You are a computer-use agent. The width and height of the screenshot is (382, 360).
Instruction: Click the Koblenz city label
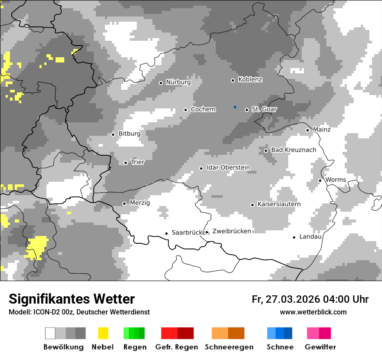[250, 79]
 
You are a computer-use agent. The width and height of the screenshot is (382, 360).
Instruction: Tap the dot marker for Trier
[125, 163]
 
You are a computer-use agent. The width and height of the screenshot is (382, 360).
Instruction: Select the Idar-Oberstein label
[228, 168]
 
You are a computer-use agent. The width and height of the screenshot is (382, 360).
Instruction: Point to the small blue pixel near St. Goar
[235, 107]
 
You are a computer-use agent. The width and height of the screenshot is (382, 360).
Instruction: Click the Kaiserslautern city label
[279, 204]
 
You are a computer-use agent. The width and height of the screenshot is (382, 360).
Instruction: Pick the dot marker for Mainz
[307, 130]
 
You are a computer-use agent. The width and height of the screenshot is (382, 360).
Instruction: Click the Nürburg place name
[178, 82]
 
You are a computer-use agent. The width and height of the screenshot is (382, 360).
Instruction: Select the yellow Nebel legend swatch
[103, 333]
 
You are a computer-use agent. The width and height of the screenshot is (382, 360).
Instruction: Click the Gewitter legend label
[320, 347]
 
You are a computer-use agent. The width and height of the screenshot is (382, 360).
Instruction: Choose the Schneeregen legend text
[229, 347]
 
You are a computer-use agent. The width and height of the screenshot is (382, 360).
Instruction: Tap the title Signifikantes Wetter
[72, 299]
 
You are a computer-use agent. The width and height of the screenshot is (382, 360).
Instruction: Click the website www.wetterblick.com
[313, 312]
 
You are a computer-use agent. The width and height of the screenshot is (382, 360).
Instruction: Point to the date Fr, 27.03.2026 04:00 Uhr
[310, 299]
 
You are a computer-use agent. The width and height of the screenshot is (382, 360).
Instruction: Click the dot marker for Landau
[294, 237]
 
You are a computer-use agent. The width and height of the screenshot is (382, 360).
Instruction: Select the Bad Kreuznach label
[293, 150]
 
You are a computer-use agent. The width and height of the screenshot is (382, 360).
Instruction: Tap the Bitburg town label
[129, 134]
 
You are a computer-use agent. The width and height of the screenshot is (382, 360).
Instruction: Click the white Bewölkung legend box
[50, 333]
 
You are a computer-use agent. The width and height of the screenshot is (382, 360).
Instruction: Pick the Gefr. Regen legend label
[177, 347]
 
